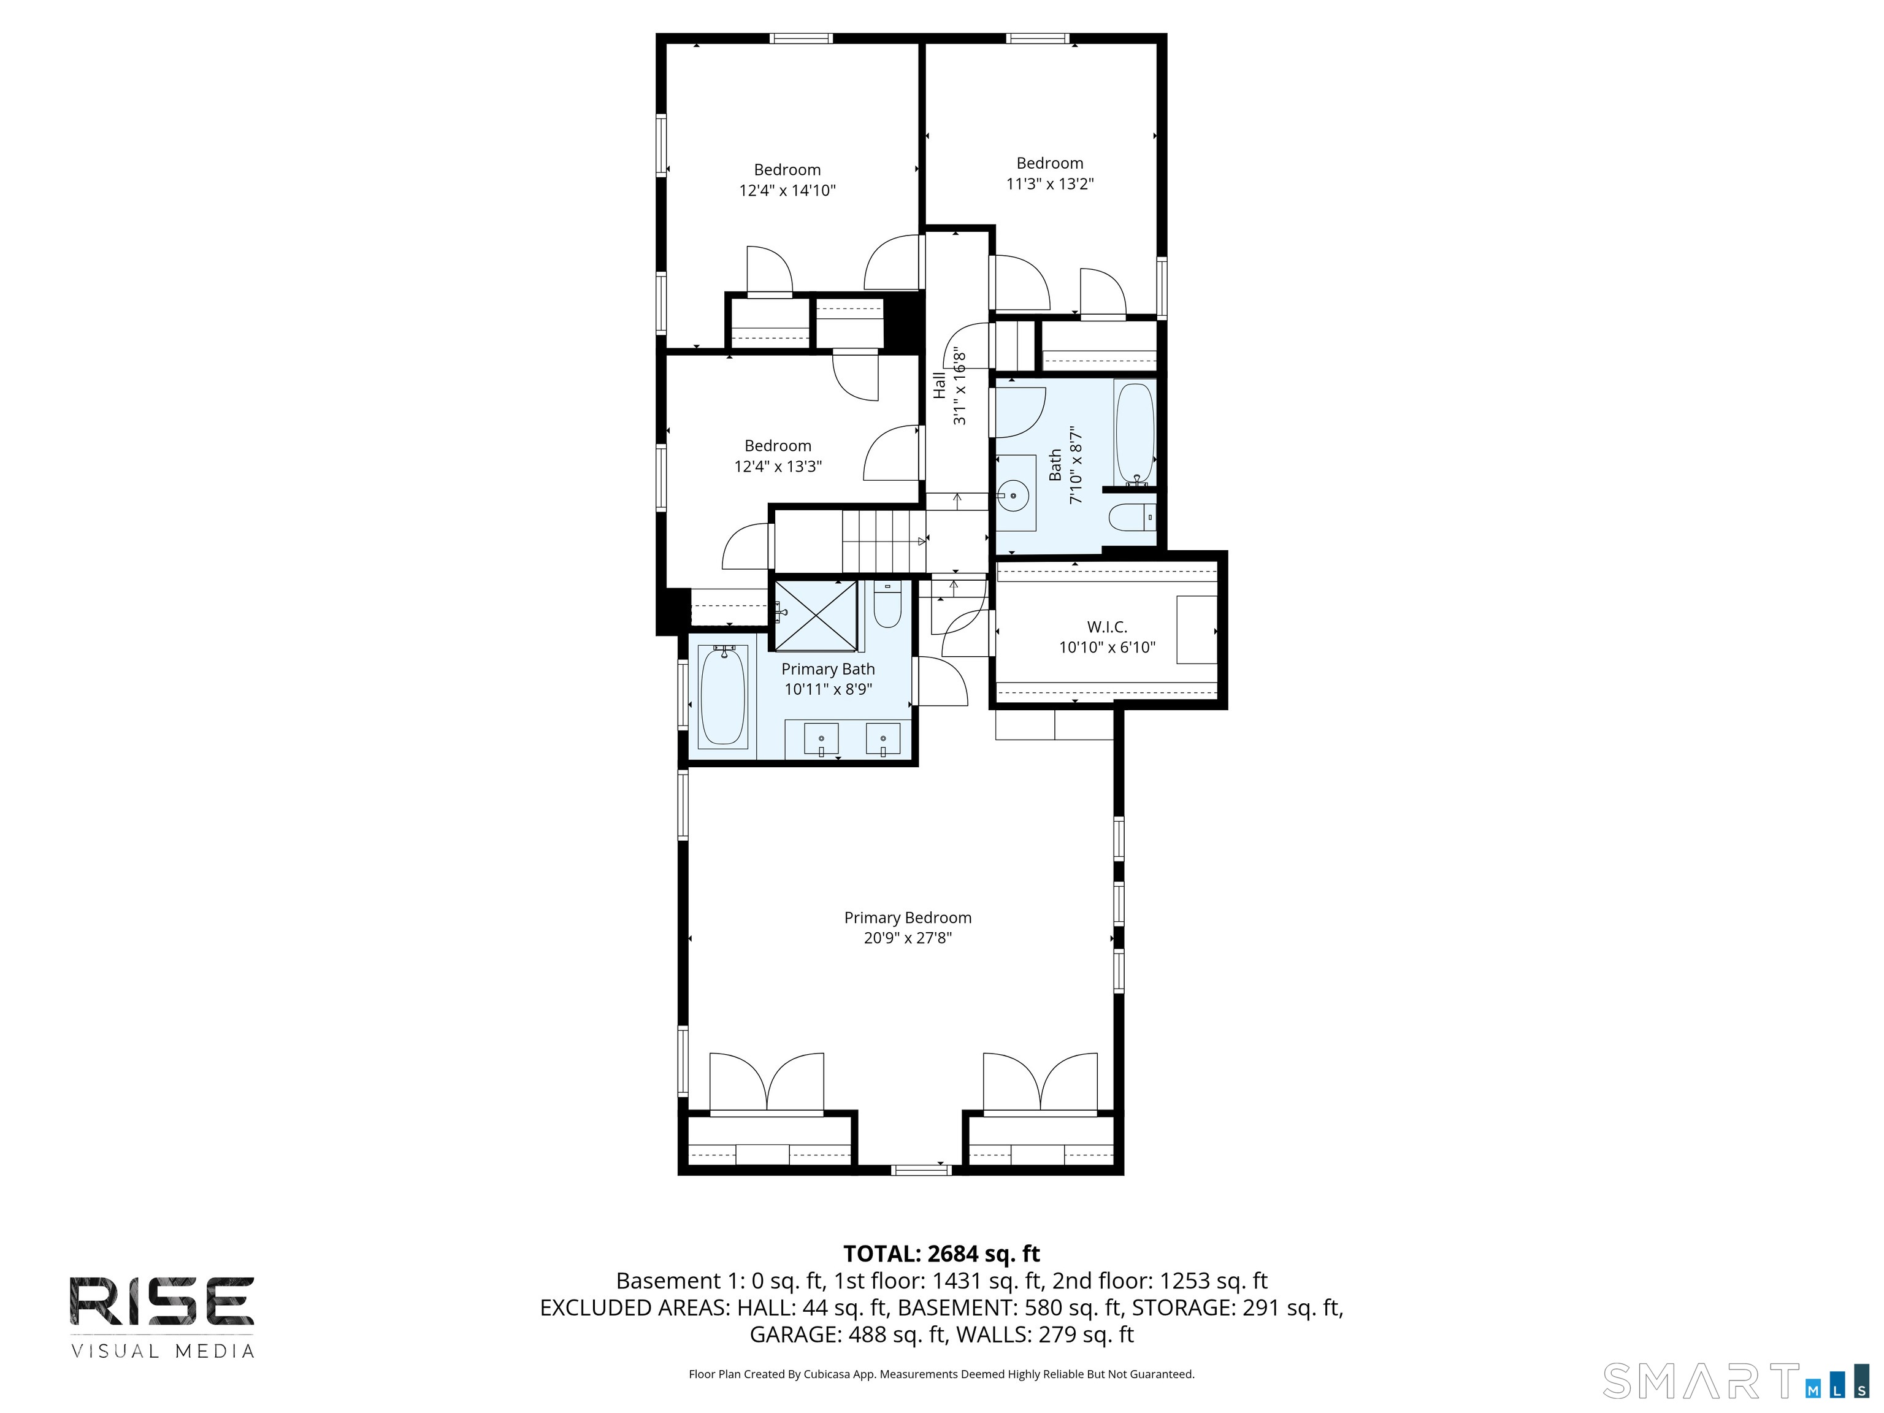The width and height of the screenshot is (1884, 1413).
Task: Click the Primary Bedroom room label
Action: pyautogui.click(x=907, y=917)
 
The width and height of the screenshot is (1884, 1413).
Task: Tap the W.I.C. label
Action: pyautogui.click(x=1106, y=627)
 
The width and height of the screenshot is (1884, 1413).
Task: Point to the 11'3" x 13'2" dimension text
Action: pyautogui.click(x=1049, y=183)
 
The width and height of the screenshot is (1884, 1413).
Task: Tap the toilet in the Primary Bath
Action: pyautogui.click(x=887, y=604)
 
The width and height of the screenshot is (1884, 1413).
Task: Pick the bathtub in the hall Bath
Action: pyautogui.click(x=1135, y=434)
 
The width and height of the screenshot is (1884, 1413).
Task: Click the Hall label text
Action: pyautogui.click(x=938, y=385)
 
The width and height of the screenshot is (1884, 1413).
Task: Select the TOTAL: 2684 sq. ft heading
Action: pyautogui.click(x=941, y=1254)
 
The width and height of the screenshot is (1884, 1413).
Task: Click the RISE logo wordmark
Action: pyautogui.click(x=162, y=1301)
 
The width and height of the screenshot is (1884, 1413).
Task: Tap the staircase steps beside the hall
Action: pyautogui.click(x=883, y=541)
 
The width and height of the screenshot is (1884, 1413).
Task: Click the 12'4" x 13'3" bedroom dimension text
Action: pyautogui.click(x=778, y=466)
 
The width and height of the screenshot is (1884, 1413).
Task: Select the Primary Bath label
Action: pyautogui.click(x=828, y=668)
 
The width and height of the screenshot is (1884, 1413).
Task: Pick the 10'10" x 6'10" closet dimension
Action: pyautogui.click(x=1107, y=647)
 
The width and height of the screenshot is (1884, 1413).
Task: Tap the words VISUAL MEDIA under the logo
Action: pyautogui.click(x=162, y=1351)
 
